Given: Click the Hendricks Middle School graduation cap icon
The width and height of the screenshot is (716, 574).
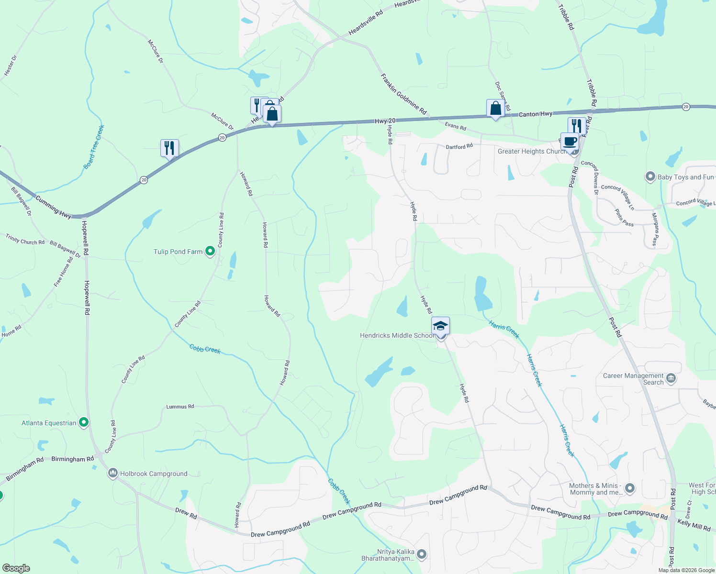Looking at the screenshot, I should tap(440, 326).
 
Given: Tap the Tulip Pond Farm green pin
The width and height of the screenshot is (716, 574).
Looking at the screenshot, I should tap(210, 251).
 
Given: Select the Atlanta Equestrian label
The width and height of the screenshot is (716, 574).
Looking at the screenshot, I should tap(49, 423).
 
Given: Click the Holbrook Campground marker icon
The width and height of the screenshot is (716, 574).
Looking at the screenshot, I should tap(113, 474).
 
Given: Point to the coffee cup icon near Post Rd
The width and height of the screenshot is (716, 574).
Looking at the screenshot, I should tap(570, 141).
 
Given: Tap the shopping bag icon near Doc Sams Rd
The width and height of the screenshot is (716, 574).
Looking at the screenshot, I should tap(495, 108).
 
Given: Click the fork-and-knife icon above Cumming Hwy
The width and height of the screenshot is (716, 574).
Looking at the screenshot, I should tap(169, 148).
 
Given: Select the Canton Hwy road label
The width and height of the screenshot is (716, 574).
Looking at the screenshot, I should tap(536, 114).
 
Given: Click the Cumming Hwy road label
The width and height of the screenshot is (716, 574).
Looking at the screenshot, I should tap(54, 207).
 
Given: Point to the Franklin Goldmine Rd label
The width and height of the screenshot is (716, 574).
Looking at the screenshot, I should tap(403, 94).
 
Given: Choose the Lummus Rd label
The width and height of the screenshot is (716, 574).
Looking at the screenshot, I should tap(180, 407).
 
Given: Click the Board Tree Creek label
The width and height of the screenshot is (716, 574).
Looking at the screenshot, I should tap(94, 147).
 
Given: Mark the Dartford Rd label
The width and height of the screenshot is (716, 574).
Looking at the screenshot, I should tap(459, 147).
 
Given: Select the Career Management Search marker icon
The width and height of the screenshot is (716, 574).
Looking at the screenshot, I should tap(671, 379).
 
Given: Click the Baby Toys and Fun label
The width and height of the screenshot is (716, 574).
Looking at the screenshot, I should tap(685, 177).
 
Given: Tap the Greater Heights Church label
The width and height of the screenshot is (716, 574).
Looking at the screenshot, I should tap(532, 151).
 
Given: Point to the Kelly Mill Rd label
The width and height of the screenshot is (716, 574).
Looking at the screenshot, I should tap(694, 525).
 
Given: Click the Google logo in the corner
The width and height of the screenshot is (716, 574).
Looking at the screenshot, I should tap(16, 568).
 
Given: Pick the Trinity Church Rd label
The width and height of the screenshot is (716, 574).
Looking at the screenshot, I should tap(25, 239).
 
